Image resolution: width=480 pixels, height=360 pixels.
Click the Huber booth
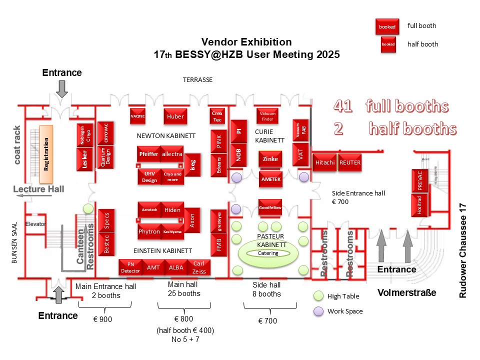[x=174, y=116]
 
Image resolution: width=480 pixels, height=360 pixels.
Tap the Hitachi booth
[x=325, y=162]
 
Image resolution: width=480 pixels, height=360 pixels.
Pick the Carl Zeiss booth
[x=199, y=267]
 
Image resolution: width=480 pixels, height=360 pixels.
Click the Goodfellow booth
[x=270, y=206]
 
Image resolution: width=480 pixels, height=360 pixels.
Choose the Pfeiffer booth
[x=148, y=154]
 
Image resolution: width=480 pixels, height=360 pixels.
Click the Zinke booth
[x=270, y=159]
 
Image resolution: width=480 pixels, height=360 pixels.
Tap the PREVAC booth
[x=420, y=181]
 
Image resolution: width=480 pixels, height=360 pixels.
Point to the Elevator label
[x=35, y=223]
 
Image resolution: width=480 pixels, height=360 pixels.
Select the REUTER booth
[x=349, y=162]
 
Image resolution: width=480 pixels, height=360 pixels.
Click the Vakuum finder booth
[x=267, y=116]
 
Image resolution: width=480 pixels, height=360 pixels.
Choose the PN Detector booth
[x=131, y=267]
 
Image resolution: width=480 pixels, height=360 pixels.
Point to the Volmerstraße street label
[x=406, y=292]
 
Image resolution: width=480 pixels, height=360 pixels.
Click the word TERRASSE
[x=197, y=79]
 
